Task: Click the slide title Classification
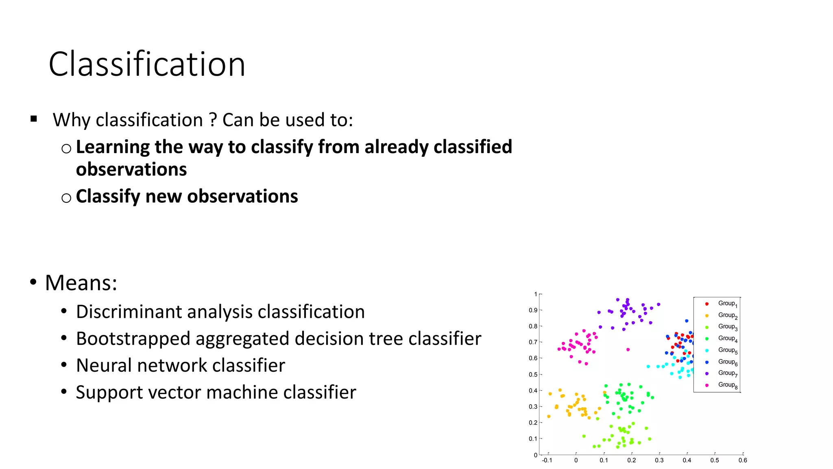tap(147, 64)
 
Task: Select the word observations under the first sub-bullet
tap(131, 169)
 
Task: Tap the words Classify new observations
tap(187, 196)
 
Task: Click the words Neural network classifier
tap(180, 366)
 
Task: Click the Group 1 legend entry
tap(727, 303)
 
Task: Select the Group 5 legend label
tap(727, 350)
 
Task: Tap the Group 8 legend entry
tap(727, 385)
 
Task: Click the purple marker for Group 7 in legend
tap(707, 373)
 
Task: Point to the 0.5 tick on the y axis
tap(533, 375)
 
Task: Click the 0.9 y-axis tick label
tap(533, 310)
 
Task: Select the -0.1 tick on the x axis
tap(547, 460)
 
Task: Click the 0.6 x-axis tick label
tap(743, 460)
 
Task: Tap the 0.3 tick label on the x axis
tap(659, 460)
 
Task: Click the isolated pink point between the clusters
tap(628, 350)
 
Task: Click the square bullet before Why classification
tap(34, 119)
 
